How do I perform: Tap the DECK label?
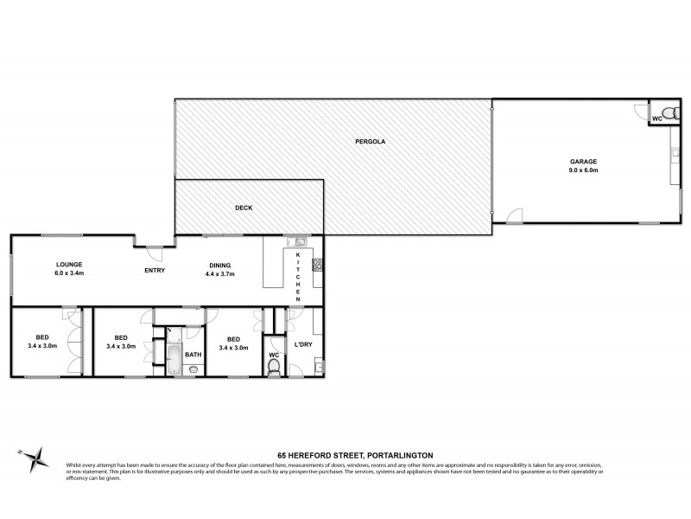(x=243, y=208)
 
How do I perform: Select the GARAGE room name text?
(x=583, y=162)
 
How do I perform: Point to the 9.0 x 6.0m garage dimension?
(x=583, y=170)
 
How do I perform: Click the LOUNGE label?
(x=69, y=265)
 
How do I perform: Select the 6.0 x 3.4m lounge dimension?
(x=69, y=273)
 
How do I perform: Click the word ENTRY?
(x=155, y=271)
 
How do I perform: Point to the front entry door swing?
(x=154, y=253)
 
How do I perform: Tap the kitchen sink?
(x=299, y=243)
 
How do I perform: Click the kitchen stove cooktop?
(x=317, y=265)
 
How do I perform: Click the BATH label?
(x=193, y=354)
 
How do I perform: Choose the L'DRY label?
(x=302, y=344)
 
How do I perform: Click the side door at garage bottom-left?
(x=514, y=216)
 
